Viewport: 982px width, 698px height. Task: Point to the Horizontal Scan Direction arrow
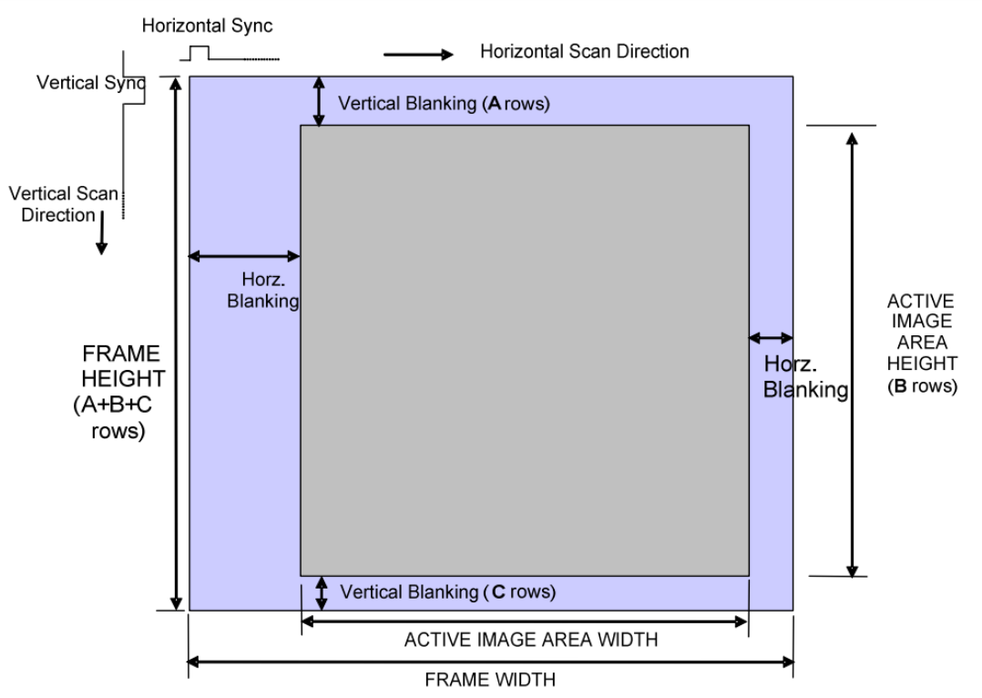(x=418, y=55)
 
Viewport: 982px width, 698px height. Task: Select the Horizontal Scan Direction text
(x=585, y=52)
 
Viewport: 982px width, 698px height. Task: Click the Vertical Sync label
(x=91, y=83)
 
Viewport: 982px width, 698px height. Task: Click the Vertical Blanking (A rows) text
(x=444, y=103)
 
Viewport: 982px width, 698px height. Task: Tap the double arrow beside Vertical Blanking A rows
(x=319, y=101)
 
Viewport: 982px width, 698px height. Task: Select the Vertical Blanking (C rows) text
(x=446, y=591)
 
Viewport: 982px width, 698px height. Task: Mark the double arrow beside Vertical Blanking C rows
(x=321, y=593)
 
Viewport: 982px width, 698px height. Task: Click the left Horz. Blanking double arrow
(x=244, y=256)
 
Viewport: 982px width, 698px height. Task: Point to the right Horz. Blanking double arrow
(x=770, y=338)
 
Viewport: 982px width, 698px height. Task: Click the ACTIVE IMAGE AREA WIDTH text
(x=531, y=640)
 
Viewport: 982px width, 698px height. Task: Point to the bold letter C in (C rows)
(x=498, y=591)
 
